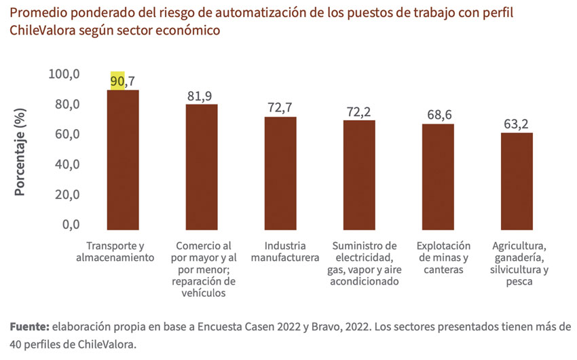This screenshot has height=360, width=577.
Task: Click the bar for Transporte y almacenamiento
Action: pos(123,160)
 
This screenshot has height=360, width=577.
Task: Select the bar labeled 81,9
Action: pos(202,167)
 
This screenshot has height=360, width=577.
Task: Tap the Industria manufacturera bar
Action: pos(280,174)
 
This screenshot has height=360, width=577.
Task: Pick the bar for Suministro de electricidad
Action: pos(359,175)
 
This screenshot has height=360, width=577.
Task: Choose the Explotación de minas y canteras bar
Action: pos(438,177)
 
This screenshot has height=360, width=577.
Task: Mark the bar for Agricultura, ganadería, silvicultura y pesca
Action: pos(517,181)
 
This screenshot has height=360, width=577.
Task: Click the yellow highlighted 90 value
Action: pos(117,81)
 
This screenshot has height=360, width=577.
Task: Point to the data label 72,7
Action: pos(280,107)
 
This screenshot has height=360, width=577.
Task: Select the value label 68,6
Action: pos(439,114)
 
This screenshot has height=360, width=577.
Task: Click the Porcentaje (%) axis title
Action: pos(20,150)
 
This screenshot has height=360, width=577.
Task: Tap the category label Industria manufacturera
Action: pos(285,251)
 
